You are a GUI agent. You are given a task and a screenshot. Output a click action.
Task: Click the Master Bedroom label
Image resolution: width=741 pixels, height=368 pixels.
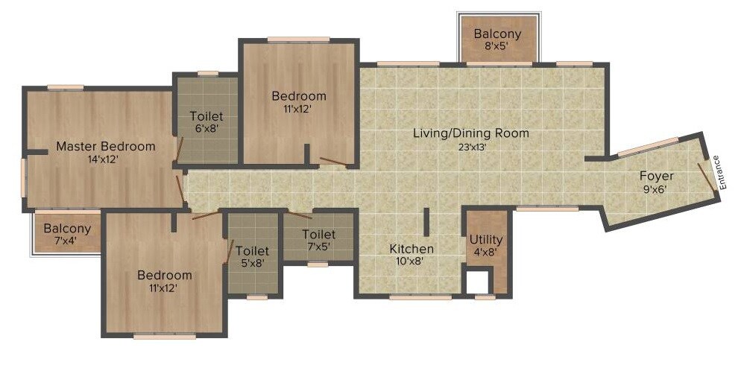(x=106, y=146)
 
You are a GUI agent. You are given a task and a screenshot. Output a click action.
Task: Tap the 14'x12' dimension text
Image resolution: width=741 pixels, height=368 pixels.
(x=103, y=159)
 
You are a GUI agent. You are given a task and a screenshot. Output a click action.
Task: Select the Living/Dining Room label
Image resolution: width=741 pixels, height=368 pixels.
(x=471, y=133)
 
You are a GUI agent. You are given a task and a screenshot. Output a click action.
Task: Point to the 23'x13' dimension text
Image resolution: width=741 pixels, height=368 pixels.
(x=470, y=147)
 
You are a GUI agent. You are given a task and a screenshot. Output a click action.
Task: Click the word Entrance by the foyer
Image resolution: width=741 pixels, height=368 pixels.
(x=716, y=171)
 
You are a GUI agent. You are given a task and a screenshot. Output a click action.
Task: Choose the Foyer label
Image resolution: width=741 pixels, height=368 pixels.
(x=656, y=176)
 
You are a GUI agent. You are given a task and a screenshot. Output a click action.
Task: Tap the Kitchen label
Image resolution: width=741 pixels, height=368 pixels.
(x=412, y=249)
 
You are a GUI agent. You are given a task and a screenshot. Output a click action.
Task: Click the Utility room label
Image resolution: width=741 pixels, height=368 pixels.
(x=485, y=240)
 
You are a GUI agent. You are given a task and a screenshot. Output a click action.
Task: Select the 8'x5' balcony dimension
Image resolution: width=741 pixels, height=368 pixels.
(x=497, y=47)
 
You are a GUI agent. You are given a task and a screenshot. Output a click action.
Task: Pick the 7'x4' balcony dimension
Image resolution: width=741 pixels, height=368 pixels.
(x=66, y=241)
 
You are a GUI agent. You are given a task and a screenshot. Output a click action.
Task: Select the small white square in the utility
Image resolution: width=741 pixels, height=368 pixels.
(x=476, y=282)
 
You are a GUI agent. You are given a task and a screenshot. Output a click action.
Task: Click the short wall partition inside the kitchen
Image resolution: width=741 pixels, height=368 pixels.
(x=426, y=222)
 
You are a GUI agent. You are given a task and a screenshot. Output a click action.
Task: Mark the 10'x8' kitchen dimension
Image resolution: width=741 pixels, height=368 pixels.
(x=412, y=261)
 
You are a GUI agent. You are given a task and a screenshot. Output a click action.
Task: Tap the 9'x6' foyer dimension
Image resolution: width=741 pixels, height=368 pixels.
(x=656, y=189)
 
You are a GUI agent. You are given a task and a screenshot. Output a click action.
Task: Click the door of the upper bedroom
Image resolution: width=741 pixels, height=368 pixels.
(x=332, y=160)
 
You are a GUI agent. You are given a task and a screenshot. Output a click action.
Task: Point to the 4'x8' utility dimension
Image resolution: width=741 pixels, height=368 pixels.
(x=485, y=253)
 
